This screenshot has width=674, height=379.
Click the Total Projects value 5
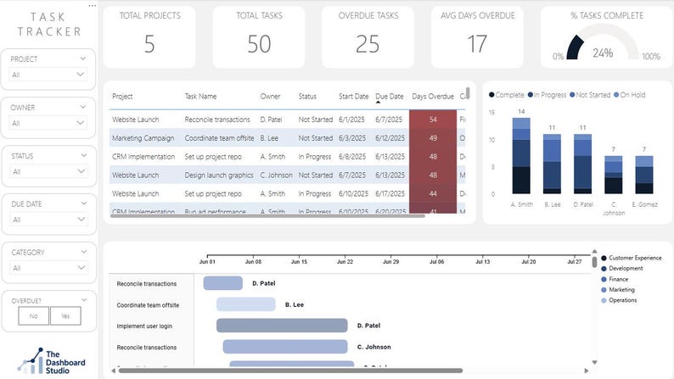pyautogui.click(x=149, y=44)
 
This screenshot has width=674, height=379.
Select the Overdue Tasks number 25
pyautogui.click(x=368, y=44)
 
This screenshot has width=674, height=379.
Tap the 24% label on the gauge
pyautogui.click(x=603, y=53)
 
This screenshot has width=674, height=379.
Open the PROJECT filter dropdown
pyautogui.click(x=48, y=75)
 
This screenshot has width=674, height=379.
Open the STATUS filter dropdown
pyautogui.click(x=48, y=172)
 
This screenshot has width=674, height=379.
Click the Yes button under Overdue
pyautogui.click(x=65, y=315)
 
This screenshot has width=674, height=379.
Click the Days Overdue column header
pyautogui.click(x=433, y=97)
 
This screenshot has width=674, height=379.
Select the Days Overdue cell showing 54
pyautogui.click(x=433, y=120)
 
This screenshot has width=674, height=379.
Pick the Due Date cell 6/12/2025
pyautogui.click(x=390, y=138)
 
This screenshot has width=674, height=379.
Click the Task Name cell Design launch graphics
pyautogui.click(x=219, y=176)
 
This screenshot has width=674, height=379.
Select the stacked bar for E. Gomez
pyautogui.click(x=644, y=175)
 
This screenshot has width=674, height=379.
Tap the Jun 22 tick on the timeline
pyautogui.click(x=345, y=262)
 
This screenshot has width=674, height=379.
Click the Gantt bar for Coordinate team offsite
pyautogui.click(x=246, y=304)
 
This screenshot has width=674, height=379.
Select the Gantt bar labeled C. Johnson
pyautogui.click(x=285, y=347)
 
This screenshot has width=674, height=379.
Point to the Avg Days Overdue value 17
pyautogui.click(x=477, y=44)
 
